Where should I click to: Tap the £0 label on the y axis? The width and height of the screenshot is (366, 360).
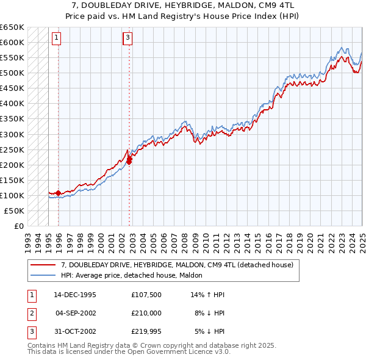point(18,226)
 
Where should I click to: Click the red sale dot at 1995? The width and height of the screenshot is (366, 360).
point(58,193)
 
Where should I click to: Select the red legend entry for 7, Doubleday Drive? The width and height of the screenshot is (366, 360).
point(177,265)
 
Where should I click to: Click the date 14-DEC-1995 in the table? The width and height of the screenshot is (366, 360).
point(74,295)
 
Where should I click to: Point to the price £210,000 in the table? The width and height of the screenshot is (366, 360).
point(146,313)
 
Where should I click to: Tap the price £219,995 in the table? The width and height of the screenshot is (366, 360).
point(146,331)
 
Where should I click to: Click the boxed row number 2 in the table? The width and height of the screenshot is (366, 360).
point(31,313)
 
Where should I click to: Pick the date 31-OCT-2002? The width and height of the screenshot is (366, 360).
point(74,331)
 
